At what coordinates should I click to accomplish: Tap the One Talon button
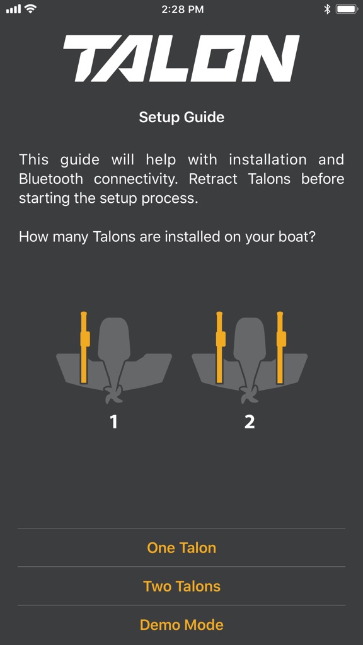click(x=181, y=547)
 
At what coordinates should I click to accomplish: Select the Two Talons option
click(x=181, y=586)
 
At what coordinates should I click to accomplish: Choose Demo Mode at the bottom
click(x=181, y=624)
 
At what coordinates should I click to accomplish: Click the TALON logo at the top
click(x=181, y=58)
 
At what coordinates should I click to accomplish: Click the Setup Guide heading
click(x=181, y=117)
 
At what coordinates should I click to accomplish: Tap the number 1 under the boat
click(x=113, y=421)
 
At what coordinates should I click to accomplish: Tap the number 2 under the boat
click(x=250, y=421)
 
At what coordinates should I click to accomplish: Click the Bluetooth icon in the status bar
click(x=327, y=9)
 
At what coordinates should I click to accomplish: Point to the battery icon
click(x=347, y=9)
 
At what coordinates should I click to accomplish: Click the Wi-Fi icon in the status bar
click(x=30, y=9)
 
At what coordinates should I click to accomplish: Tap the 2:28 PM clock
click(x=182, y=9)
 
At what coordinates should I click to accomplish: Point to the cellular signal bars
click(x=14, y=9)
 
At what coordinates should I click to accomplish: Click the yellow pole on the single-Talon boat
click(x=84, y=348)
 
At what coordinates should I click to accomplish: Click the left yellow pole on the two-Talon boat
click(x=220, y=348)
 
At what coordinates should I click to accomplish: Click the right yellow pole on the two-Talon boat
click(x=280, y=348)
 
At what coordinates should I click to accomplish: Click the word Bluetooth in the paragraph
click(x=51, y=179)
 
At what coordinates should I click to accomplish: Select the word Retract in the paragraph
click(x=213, y=179)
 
